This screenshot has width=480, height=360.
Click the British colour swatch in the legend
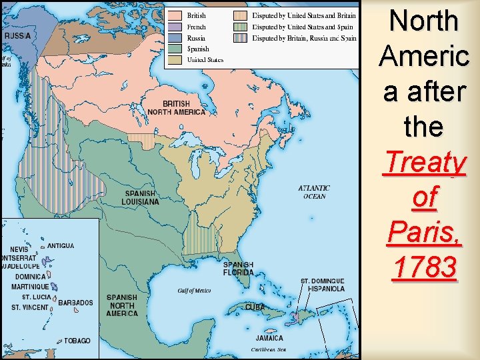(x=175, y=15)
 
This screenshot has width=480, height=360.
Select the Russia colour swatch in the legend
(x=175, y=38)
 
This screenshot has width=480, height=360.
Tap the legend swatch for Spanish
(x=175, y=49)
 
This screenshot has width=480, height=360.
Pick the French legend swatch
(x=175, y=27)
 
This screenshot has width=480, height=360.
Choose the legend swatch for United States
(x=175, y=59)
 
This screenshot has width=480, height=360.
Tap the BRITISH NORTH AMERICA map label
(x=184, y=108)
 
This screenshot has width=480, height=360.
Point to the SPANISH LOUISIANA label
(x=140, y=197)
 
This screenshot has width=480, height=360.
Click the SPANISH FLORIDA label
(x=238, y=268)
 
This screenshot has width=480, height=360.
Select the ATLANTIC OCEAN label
(x=314, y=192)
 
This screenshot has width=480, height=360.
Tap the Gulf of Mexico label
(x=194, y=291)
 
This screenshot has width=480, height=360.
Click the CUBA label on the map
(x=255, y=307)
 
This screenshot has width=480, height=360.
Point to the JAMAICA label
(x=269, y=338)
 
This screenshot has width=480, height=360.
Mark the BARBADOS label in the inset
(x=75, y=303)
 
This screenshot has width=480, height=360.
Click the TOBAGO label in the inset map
(x=77, y=341)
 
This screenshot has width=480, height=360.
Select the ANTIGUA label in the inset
(x=61, y=246)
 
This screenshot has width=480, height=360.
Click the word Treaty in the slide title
(x=424, y=162)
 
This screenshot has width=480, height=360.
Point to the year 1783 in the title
(x=424, y=267)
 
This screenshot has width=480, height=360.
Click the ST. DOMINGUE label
(x=323, y=281)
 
